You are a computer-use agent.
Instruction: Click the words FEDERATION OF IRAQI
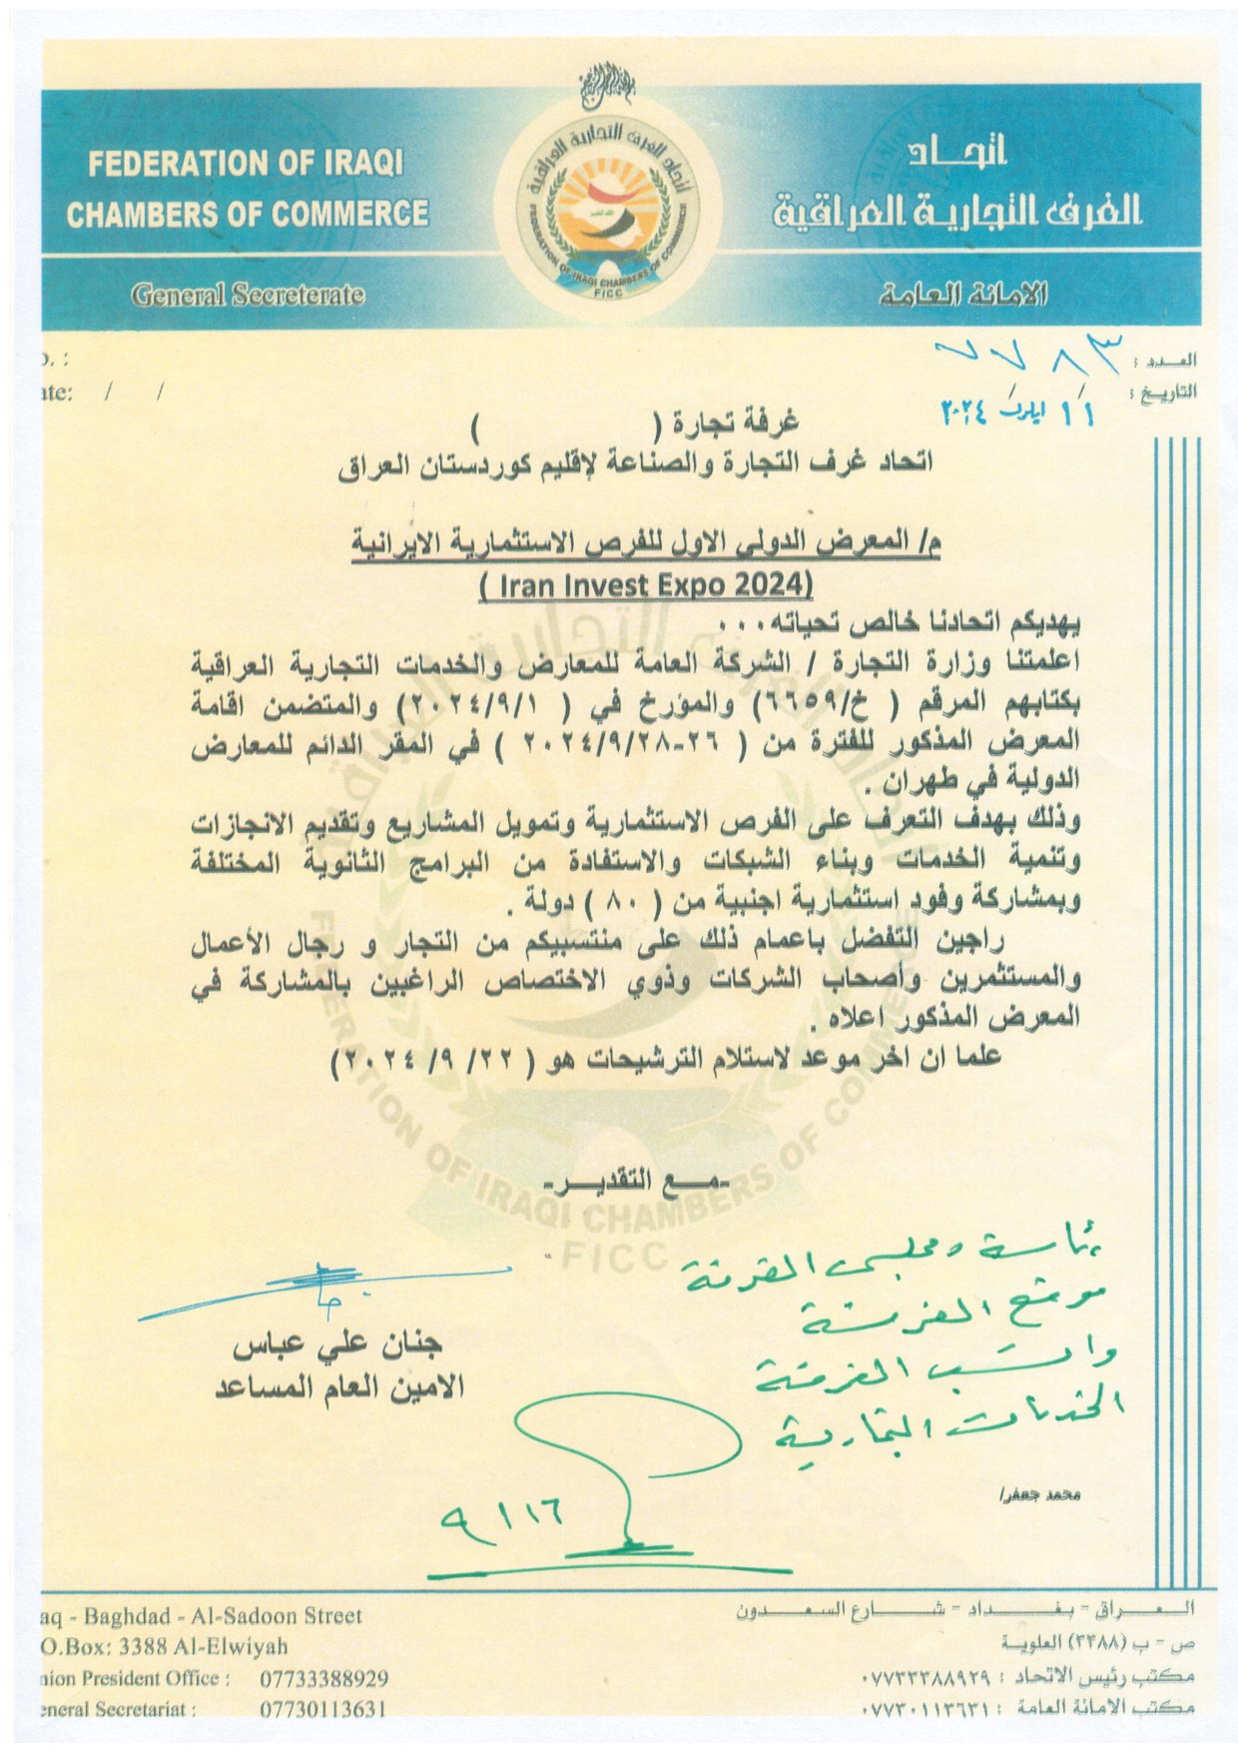tap(246, 165)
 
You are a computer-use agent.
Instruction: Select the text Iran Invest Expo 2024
tap(646, 583)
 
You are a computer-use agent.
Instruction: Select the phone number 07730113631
tap(322, 1709)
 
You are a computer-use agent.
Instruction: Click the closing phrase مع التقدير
tap(639, 1186)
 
